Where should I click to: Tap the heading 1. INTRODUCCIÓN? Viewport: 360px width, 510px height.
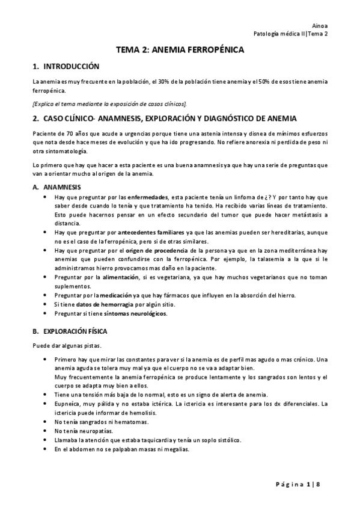pos(66,66)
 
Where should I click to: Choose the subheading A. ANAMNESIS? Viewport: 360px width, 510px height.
pos(58,187)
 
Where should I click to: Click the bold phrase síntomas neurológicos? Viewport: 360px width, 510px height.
pos(135,313)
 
